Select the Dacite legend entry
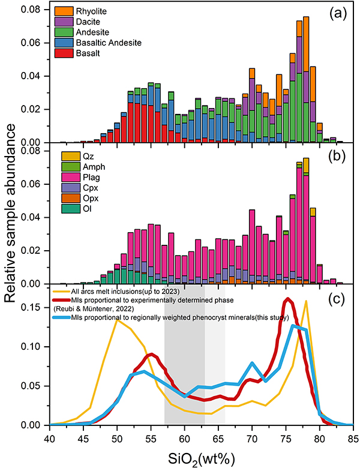82,22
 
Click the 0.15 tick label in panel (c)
35,307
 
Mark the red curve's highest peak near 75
289,299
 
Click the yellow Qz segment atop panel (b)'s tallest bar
306,165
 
